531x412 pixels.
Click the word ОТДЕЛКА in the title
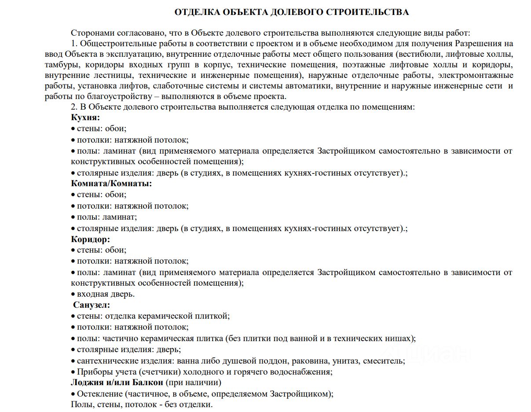(196, 12)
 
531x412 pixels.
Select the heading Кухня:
(85, 118)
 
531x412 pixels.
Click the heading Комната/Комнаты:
(111, 184)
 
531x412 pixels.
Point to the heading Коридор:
(91, 239)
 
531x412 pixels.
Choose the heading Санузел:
(92, 305)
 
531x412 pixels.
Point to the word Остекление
(100, 394)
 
